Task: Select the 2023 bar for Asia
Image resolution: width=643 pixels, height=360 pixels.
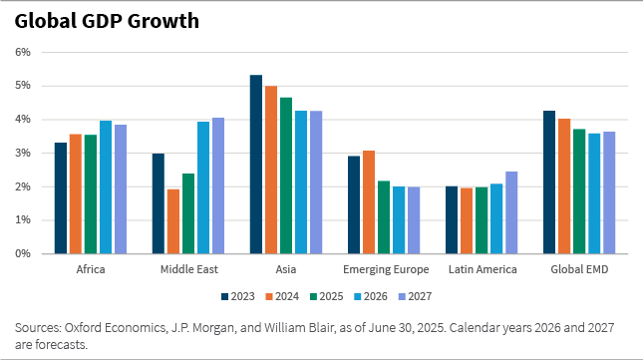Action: tap(256, 165)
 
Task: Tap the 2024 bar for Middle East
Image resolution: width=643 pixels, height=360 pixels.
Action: tap(173, 221)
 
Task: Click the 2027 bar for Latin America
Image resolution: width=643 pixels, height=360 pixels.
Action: tap(511, 212)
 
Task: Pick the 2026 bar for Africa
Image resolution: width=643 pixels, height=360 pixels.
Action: tap(106, 187)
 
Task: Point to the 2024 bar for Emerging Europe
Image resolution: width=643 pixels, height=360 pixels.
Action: tap(369, 202)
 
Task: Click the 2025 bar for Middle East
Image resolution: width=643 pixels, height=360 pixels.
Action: tap(188, 213)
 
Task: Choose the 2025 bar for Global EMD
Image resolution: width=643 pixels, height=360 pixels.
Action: tap(579, 191)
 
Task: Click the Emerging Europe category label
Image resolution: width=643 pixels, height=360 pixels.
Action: tap(385, 270)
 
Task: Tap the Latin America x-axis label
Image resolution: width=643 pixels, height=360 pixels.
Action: tap(482, 270)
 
